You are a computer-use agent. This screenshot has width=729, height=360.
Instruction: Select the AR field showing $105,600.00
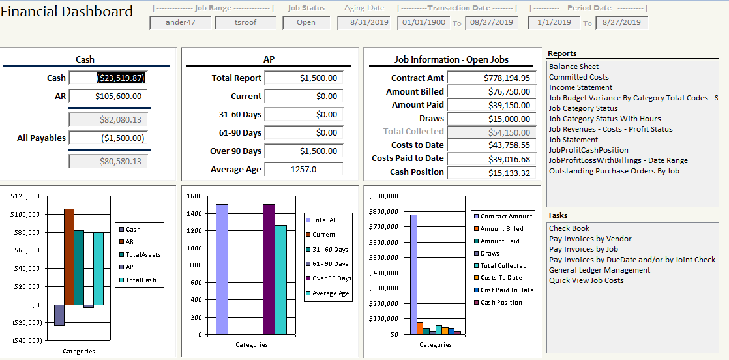(x=108, y=97)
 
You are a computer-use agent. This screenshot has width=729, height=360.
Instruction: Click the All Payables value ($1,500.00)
(x=108, y=138)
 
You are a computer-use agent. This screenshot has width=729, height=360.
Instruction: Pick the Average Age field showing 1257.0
(x=303, y=170)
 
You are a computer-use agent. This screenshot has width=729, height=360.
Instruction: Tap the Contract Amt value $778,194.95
(x=491, y=78)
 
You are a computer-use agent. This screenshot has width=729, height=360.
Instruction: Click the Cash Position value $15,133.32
(x=491, y=173)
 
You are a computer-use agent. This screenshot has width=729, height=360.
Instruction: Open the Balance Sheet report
(x=574, y=67)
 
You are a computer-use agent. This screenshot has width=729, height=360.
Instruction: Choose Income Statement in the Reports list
(x=580, y=87)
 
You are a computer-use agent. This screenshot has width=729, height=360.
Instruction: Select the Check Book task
(x=569, y=228)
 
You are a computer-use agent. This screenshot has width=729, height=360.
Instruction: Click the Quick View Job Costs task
(x=586, y=280)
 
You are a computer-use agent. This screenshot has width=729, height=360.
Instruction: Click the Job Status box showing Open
(x=306, y=23)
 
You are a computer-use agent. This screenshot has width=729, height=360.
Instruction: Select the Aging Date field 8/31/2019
(x=363, y=23)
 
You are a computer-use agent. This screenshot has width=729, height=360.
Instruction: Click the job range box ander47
(x=181, y=23)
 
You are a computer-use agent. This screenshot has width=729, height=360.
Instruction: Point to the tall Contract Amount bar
(x=413, y=274)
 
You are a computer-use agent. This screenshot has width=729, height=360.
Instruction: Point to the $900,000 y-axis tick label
(x=382, y=196)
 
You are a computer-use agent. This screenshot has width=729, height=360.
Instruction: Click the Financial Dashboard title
(x=67, y=12)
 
